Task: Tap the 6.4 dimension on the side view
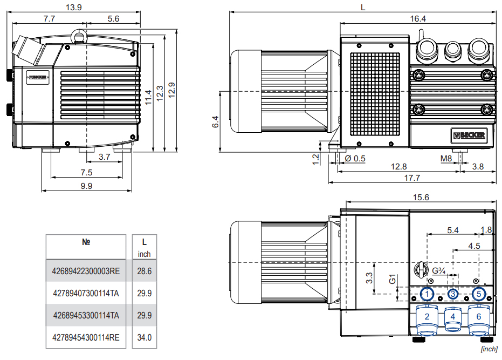[x=215, y=121]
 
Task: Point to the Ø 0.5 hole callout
[x=354, y=159]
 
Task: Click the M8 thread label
[x=445, y=159]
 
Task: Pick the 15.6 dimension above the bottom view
[x=421, y=198]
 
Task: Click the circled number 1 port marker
[x=427, y=294]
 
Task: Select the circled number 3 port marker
[x=453, y=294]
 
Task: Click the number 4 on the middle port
[x=453, y=316]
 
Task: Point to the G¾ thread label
[x=439, y=270]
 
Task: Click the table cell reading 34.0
[x=144, y=338]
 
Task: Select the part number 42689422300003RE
[x=86, y=271]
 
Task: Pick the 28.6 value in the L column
[x=144, y=271]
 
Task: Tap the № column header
[x=86, y=242]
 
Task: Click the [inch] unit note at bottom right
[x=489, y=350]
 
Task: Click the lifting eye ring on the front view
[x=80, y=35]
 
